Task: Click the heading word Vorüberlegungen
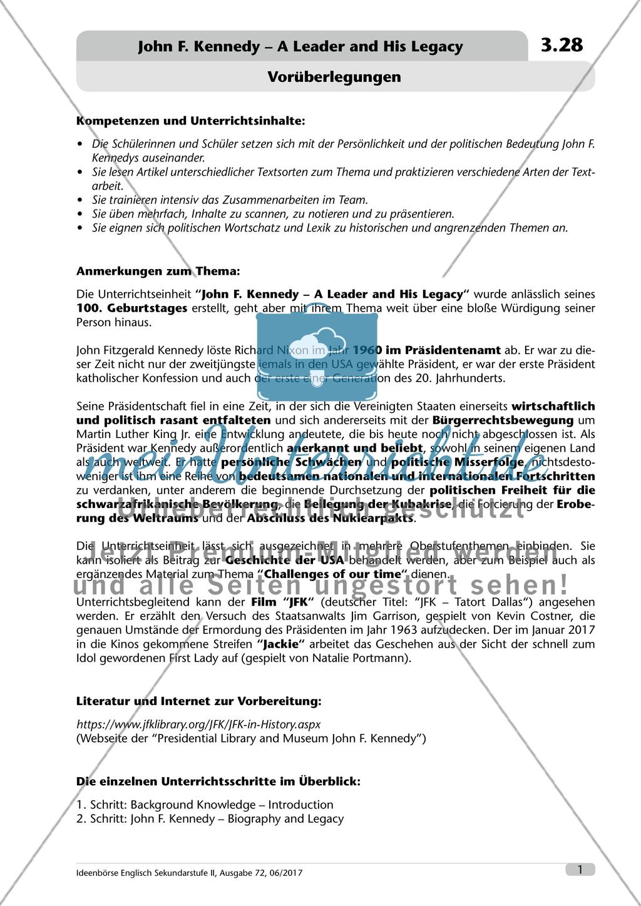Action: pos(334,77)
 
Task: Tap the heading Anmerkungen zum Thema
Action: pos(157,271)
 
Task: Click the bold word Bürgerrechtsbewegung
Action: pos(503,420)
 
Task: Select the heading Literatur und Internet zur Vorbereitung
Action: pos(198,701)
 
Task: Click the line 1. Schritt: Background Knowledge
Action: pos(205,805)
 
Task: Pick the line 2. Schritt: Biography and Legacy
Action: pos(210,818)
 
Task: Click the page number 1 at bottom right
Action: pos(580,869)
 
